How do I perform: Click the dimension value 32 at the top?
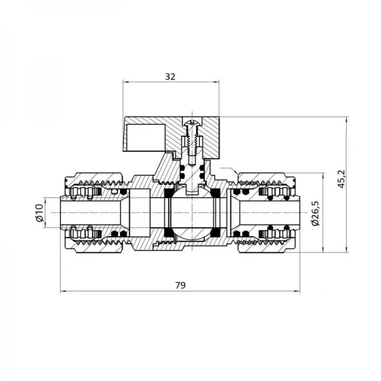(170, 76)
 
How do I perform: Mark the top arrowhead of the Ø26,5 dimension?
(324, 173)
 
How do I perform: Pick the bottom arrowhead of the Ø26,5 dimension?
(324, 248)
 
